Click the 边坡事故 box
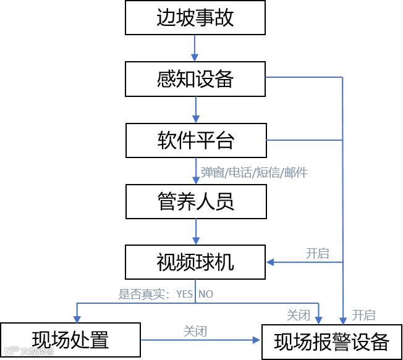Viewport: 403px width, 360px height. point(195,17)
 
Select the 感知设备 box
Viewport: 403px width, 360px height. point(195,78)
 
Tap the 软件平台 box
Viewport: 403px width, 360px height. point(195,140)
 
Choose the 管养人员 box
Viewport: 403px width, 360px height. point(195,201)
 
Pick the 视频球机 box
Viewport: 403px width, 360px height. point(195,262)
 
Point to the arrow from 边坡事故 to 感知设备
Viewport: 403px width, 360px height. point(195,48)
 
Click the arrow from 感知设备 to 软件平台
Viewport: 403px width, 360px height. point(195,109)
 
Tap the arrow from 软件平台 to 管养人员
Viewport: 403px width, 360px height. point(195,170)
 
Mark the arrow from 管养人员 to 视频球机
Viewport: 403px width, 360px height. point(195,232)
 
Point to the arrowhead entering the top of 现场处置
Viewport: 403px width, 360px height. point(76,317)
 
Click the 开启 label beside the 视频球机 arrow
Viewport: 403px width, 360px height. point(318,253)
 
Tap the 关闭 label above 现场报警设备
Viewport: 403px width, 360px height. point(299,314)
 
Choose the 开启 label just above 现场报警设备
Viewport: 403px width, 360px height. point(362,314)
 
